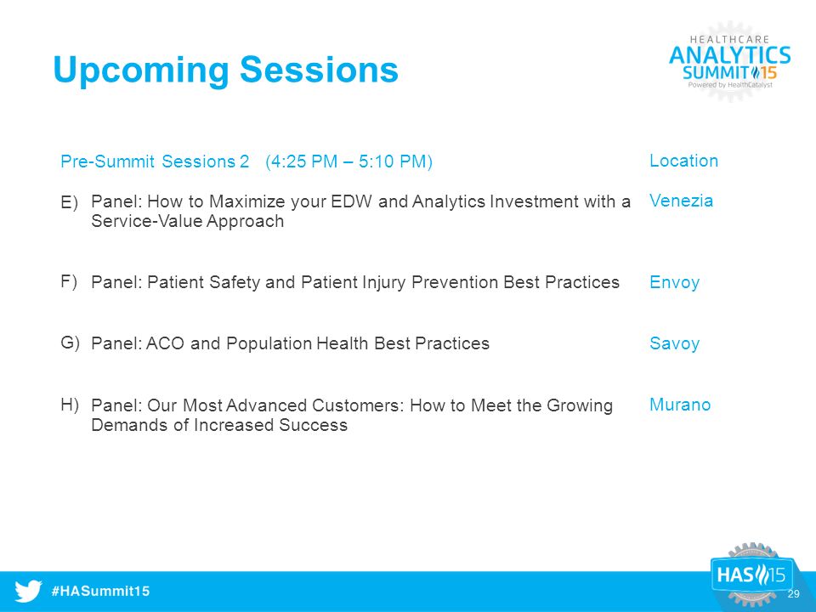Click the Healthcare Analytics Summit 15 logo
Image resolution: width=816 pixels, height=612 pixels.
tap(729, 62)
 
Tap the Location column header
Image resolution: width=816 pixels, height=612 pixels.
tap(683, 161)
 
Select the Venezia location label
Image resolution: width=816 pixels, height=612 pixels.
tap(681, 201)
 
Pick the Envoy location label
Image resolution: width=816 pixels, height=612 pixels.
tap(674, 282)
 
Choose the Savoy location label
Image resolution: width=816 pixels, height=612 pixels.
tap(674, 343)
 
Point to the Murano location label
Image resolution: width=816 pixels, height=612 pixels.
tap(680, 405)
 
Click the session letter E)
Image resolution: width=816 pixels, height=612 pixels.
tap(69, 202)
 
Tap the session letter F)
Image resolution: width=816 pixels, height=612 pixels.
tap(69, 282)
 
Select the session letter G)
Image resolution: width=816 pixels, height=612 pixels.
tap(70, 343)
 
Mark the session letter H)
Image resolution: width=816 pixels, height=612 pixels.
tap(69, 405)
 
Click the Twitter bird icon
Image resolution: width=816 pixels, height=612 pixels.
tap(28, 592)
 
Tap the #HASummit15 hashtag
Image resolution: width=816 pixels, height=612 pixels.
tap(100, 592)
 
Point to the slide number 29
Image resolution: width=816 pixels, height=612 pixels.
tap(793, 594)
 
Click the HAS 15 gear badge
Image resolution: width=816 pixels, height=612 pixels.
tap(752, 575)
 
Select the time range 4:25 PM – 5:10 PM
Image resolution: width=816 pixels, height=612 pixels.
tap(348, 161)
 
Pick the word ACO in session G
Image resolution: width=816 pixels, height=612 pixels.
tap(165, 343)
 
